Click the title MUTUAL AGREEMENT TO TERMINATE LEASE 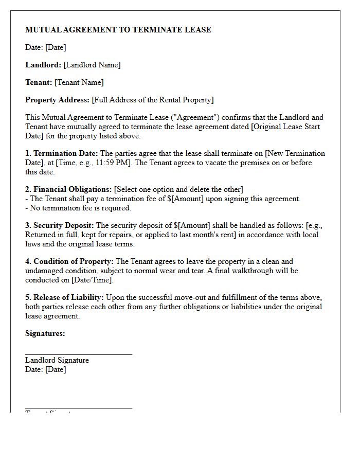tap(118, 30)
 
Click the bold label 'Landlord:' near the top tap(43, 65)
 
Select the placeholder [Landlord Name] tap(92, 65)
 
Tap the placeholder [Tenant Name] tap(79, 82)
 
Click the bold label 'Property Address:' tap(57, 100)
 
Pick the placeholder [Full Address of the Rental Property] tap(153, 100)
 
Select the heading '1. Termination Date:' tap(62, 153)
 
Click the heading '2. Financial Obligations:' tap(68, 189)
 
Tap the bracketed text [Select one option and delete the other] tap(178, 189)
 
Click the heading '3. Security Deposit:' tap(60, 225)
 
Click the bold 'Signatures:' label tap(45, 333)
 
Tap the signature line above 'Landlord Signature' tap(79, 354)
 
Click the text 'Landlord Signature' tap(57, 360)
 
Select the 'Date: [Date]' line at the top tap(46, 47)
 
